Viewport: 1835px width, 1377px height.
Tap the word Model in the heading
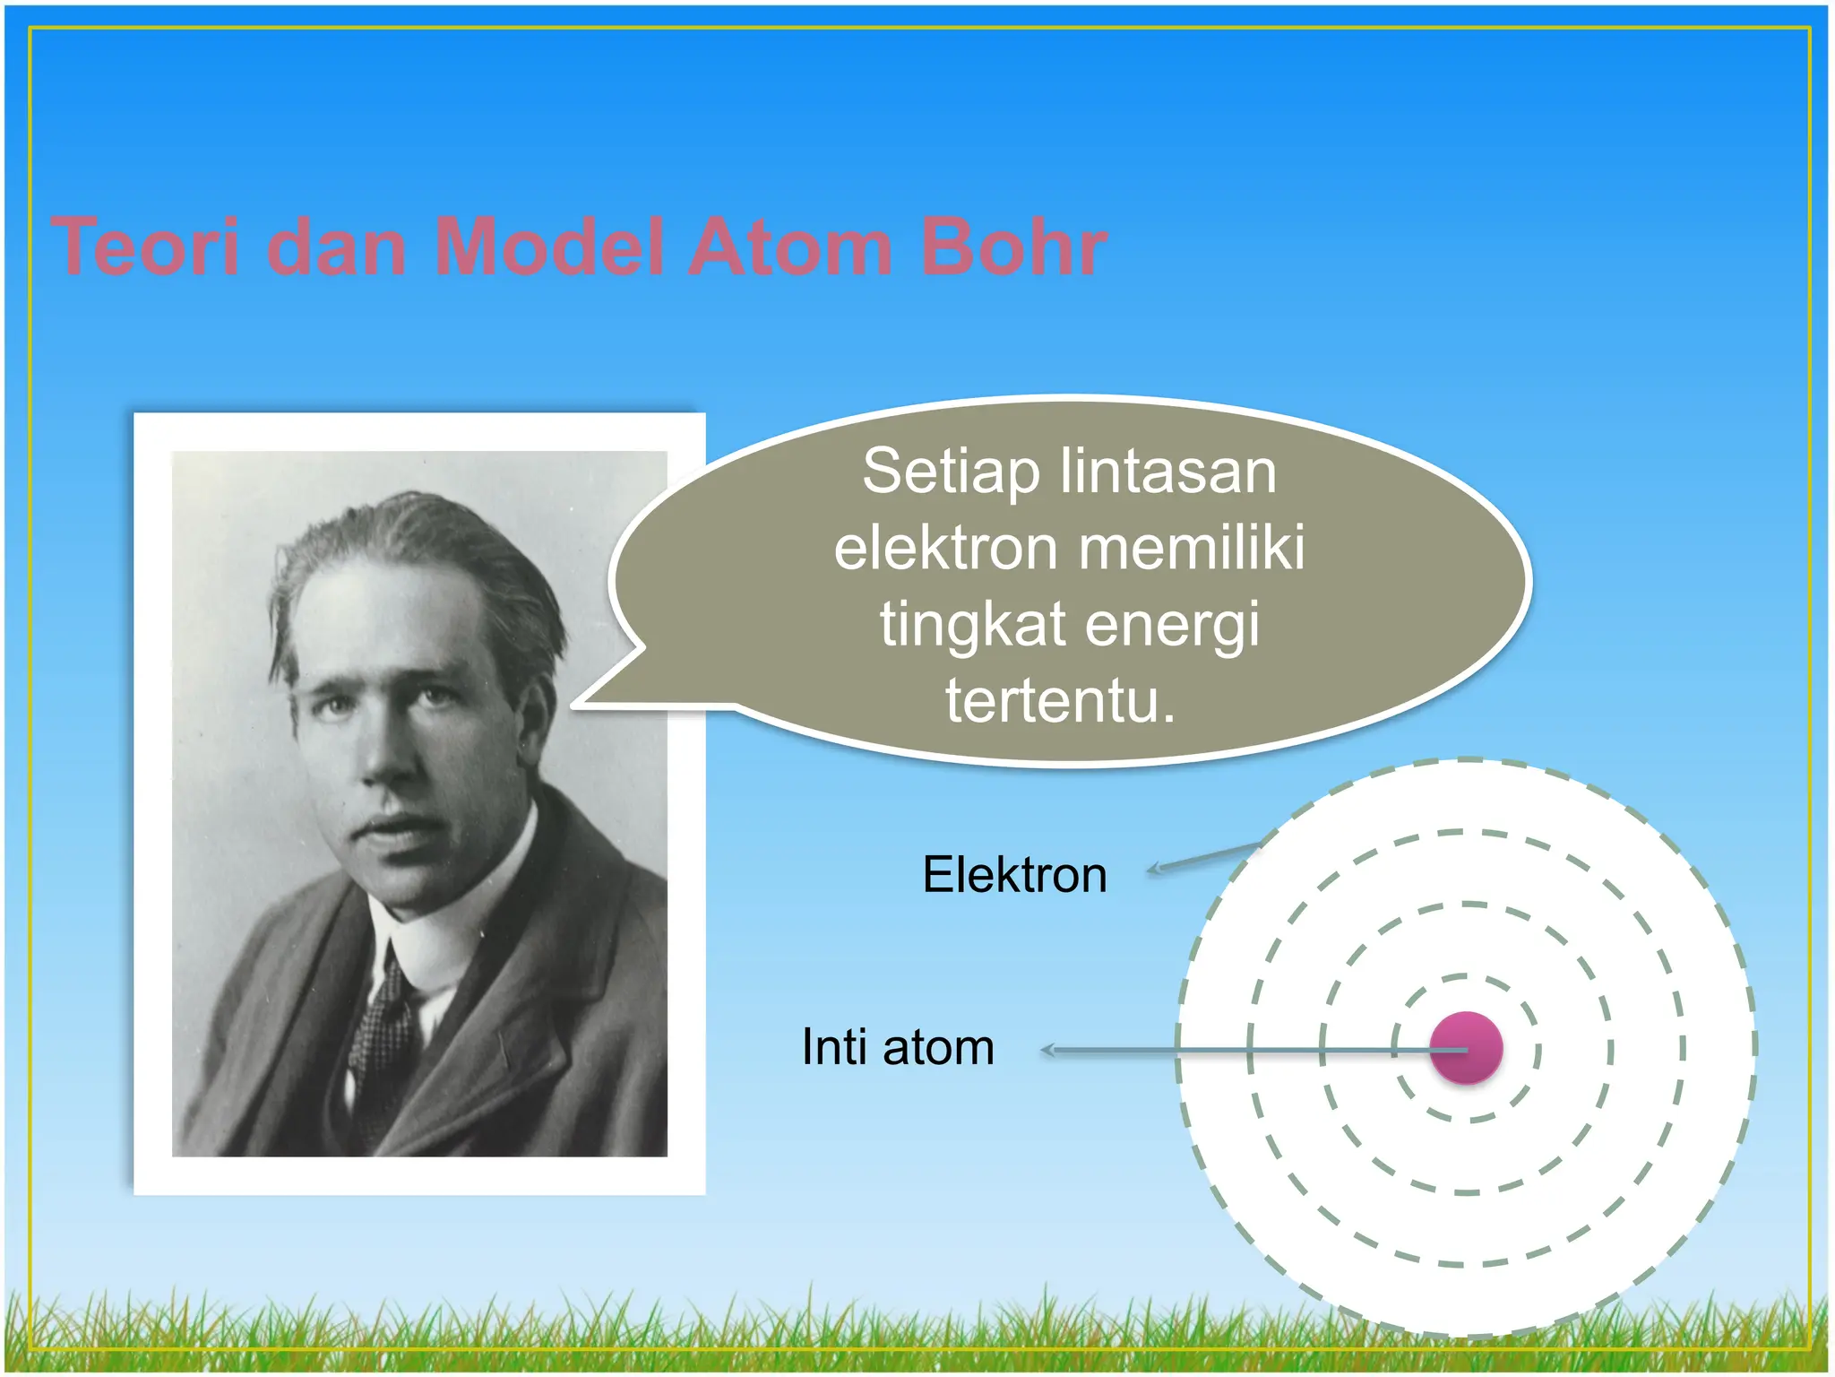[548, 247]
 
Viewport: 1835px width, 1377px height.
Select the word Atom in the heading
[790, 247]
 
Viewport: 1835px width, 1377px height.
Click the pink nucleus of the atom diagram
[1466, 1048]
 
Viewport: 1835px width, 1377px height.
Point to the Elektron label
[1014, 875]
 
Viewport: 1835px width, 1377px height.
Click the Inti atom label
[897, 1047]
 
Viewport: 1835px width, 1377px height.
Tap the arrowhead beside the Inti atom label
[1048, 1050]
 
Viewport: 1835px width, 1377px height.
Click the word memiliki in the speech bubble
[1191, 548]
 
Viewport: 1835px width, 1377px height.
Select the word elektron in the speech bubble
[946, 548]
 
